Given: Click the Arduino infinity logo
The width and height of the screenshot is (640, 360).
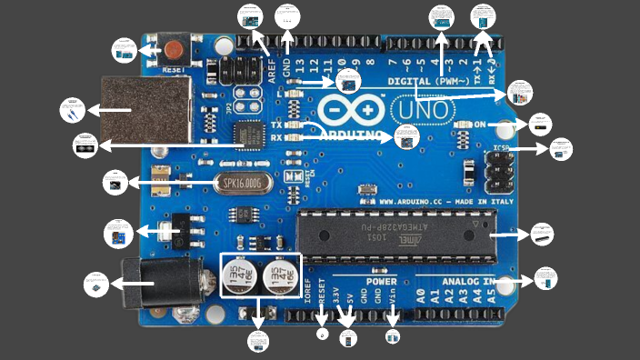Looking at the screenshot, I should point(351,110).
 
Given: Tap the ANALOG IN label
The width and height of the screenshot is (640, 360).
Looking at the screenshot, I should point(468,282).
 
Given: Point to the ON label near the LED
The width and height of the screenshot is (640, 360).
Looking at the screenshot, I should point(480,125).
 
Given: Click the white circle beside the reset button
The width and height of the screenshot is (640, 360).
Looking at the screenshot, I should point(124,49).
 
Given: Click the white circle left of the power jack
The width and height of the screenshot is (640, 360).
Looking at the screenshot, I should point(95,285).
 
